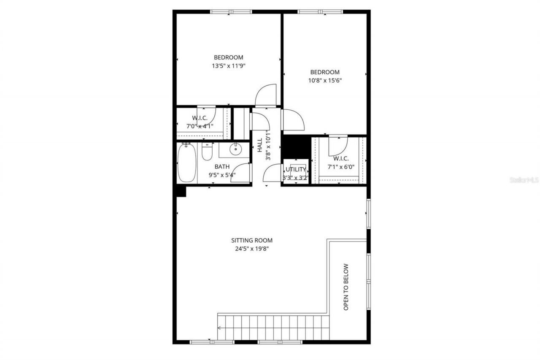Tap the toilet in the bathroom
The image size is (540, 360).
tap(207, 152)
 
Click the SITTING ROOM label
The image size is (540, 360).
tap(252, 240)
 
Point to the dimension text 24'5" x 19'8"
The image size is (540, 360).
tap(252, 249)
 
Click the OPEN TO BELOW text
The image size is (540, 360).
tap(346, 287)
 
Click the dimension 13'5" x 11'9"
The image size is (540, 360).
tap(229, 66)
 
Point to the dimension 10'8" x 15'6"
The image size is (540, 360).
tap(324, 81)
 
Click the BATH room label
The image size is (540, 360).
tap(222, 167)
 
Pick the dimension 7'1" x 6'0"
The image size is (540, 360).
tap(340, 167)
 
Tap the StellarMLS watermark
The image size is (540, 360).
tap(524, 180)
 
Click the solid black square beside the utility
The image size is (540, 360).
tap(296, 146)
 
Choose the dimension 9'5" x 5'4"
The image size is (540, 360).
tap(222, 175)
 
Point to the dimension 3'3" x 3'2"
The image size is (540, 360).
tap(295, 178)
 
